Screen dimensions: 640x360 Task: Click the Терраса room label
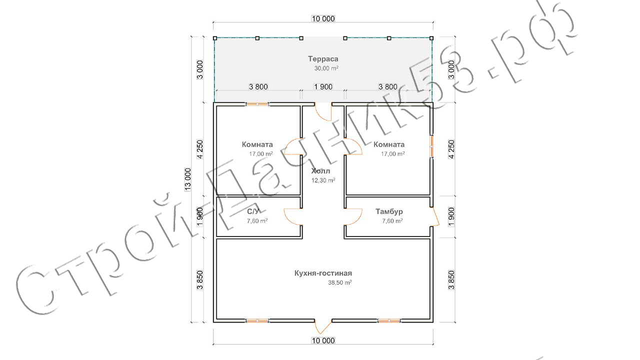[323, 59]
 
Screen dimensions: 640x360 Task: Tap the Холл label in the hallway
[320, 171]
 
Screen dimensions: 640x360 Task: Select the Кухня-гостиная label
[323, 273]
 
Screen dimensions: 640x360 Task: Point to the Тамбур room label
[389, 211]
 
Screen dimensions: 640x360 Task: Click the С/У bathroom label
[253, 211]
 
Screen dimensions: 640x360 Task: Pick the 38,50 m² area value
[339, 282]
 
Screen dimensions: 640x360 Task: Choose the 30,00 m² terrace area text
[326, 68]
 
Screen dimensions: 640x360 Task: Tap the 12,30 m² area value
[323, 180]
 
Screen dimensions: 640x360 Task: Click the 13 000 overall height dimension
[187, 179]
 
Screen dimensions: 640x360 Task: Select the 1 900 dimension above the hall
[323, 86]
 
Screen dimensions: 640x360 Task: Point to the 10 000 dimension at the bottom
[323, 340]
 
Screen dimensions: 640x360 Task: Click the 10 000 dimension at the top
[323, 19]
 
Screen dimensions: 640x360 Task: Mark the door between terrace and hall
[323, 111]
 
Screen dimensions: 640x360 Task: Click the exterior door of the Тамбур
[435, 216]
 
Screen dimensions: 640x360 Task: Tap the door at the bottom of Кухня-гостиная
[323, 326]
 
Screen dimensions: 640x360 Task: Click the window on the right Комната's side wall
[431, 146]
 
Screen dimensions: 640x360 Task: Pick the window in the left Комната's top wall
[257, 104]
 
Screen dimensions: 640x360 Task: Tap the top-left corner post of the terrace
[215, 38]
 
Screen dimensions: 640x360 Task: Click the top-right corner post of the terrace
[431, 38]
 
